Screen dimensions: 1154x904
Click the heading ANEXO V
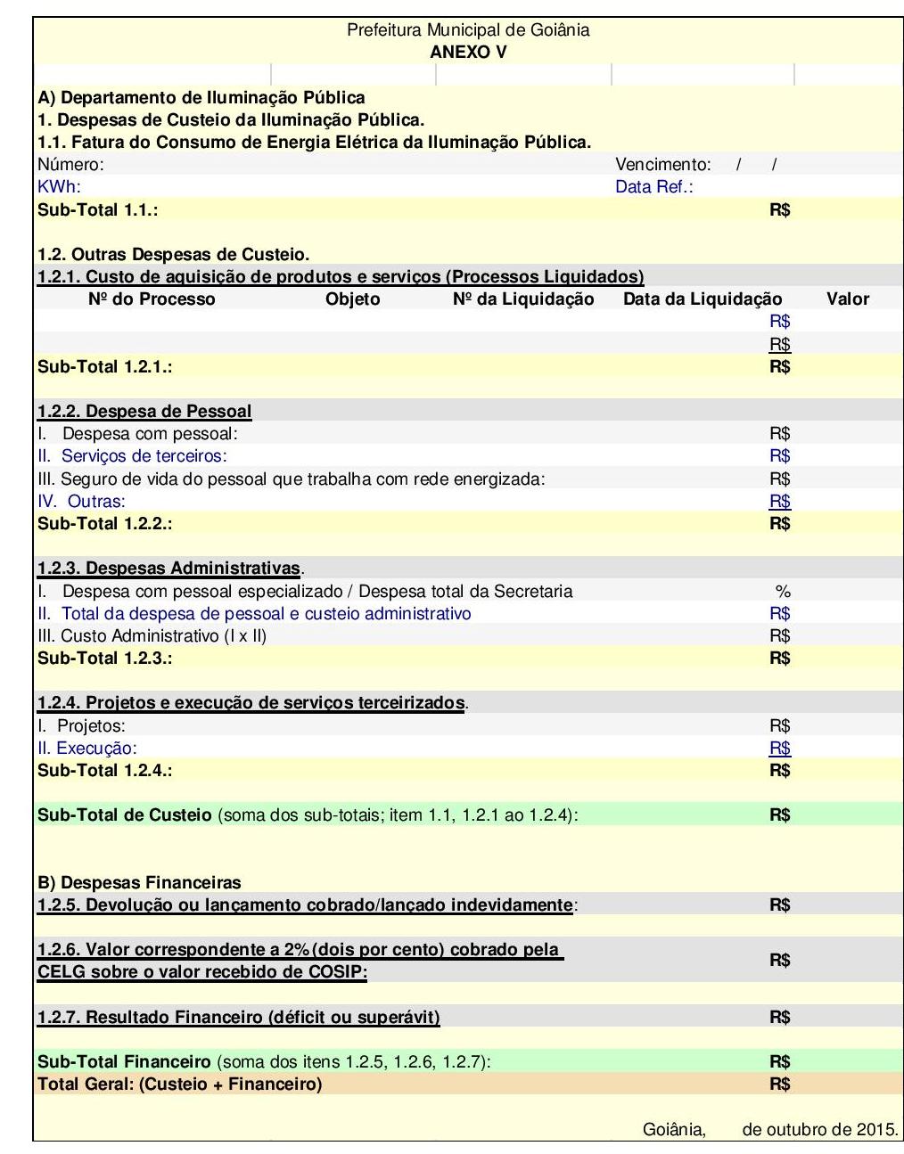(468, 52)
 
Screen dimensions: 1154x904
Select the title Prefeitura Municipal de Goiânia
(468, 30)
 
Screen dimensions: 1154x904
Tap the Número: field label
(70, 164)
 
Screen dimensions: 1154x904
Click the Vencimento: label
(662, 164)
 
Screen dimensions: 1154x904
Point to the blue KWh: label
(59, 186)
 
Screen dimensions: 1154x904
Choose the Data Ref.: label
(653, 186)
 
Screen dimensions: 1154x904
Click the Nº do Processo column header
(152, 299)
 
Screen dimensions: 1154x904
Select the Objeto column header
(352, 299)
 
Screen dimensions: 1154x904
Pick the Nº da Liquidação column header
(522, 299)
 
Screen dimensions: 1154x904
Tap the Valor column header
(847, 299)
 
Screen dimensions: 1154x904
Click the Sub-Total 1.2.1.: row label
(104, 366)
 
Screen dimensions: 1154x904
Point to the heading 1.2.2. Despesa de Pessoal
(144, 412)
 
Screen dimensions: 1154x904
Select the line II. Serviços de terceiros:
(132, 456)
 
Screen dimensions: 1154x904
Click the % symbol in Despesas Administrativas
(783, 591)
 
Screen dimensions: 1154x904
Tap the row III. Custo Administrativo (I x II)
(152, 635)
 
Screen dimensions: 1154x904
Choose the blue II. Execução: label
(86, 748)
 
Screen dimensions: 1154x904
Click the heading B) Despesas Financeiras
(139, 882)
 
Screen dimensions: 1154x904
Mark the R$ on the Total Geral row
(779, 1084)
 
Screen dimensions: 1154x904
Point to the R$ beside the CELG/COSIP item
(779, 960)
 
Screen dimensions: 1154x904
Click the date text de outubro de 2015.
(819, 1130)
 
